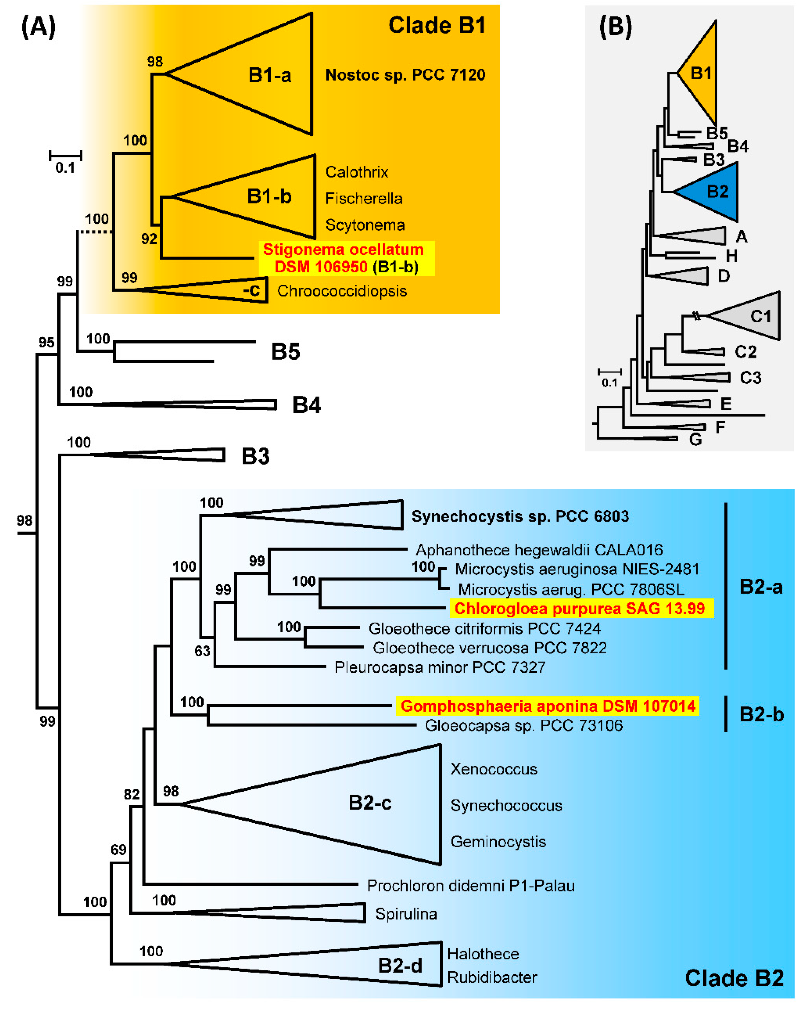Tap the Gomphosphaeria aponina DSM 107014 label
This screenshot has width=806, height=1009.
tap(548, 706)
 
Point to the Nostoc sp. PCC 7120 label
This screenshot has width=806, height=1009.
tap(405, 75)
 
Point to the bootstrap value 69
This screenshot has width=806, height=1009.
tap(118, 849)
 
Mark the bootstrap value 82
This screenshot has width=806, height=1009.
tap(132, 794)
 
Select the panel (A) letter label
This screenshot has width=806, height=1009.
tap(38, 27)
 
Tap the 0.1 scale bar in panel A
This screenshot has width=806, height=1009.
tap(65, 156)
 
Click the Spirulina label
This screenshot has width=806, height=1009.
tap(406, 914)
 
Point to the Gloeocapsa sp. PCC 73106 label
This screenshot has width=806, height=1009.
tap(523, 725)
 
